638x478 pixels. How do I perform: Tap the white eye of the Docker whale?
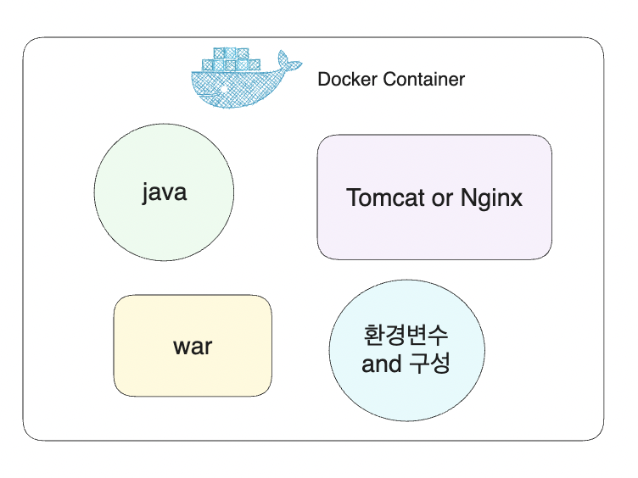(x=222, y=88)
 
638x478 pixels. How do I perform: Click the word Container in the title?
(x=423, y=80)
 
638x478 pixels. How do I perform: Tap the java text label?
(x=164, y=192)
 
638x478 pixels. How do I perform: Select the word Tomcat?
(x=387, y=198)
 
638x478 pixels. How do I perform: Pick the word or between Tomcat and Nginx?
(x=444, y=198)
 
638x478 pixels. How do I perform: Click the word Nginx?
(x=491, y=199)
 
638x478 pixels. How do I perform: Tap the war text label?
(x=193, y=346)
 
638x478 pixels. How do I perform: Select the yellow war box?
(x=193, y=373)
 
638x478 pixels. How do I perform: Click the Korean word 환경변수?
(x=406, y=335)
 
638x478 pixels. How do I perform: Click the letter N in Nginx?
(x=468, y=198)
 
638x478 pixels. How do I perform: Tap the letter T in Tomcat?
(x=354, y=198)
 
